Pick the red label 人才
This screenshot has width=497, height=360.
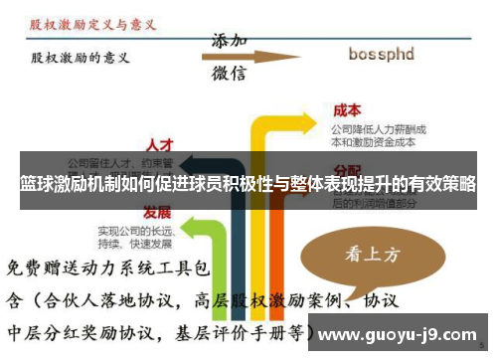[x=159, y=144]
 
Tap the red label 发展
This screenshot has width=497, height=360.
[x=157, y=212]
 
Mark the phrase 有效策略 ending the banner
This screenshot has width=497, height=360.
[x=437, y=184]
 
